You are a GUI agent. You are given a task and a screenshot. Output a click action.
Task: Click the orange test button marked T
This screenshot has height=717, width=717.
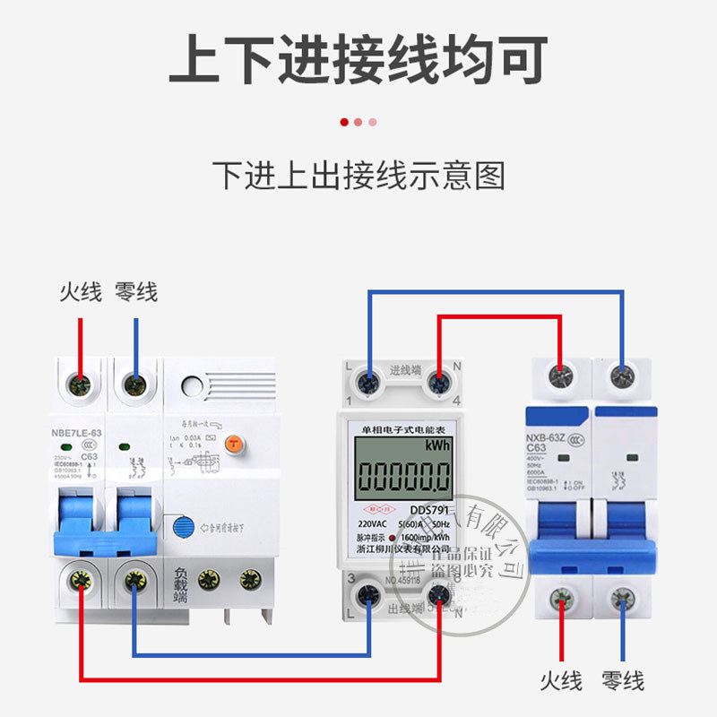point(233,442)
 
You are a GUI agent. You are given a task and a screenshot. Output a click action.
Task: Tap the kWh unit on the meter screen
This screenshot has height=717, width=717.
point(437,445)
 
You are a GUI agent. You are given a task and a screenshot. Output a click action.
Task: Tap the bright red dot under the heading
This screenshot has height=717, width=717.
point(344,122)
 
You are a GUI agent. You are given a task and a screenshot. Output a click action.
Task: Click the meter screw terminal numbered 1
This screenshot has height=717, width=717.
point(367,384)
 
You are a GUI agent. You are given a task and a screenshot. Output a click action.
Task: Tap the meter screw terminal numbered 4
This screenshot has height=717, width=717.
point(438,384)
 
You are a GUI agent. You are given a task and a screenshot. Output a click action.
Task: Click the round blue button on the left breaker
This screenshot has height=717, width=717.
point(184,527)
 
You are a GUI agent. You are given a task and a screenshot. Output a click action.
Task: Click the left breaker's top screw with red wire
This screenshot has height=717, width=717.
point(81,385)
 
